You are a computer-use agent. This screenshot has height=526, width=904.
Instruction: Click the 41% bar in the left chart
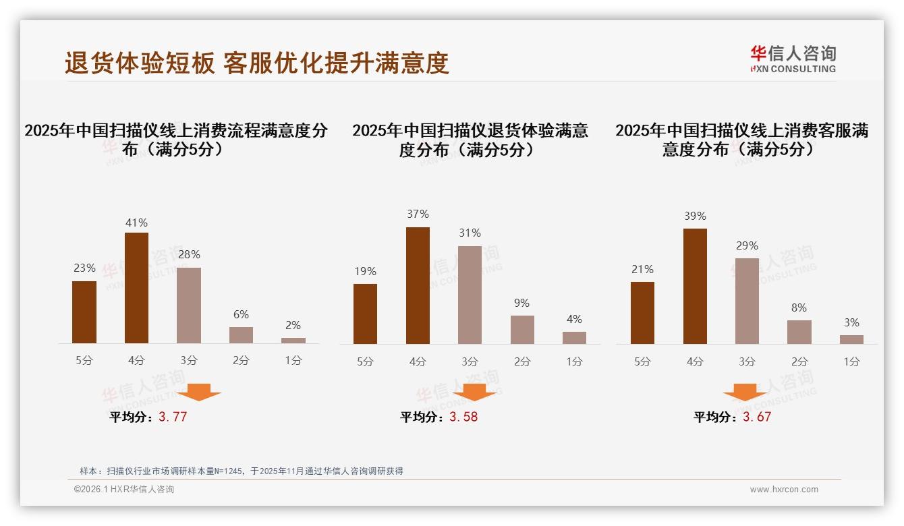pyautogui.click(x=136, y=288)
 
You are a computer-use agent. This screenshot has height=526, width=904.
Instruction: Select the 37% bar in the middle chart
pyautogui.click(x=418, y=285)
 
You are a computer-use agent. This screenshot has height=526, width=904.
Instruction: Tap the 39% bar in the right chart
pyautogui.click(x=695, y=286)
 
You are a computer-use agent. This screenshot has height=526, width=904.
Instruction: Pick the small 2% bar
pyautogui.click(x=293, y=341)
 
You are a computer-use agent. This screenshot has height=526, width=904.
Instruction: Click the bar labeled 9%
pyautogui.click(x=522, y=330)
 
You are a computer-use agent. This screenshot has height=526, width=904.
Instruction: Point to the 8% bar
pyautogui.click(x=799, y=332)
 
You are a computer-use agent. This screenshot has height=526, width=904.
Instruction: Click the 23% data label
pyautogui.click(x=84, y=268)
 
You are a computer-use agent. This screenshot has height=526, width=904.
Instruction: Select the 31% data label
pyautogui.click(x=470, y=233)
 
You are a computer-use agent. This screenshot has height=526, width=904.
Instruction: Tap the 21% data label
pyautogui.click(x=642, y=269)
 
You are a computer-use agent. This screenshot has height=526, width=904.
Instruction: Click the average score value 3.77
pyautogui.click(x=173, y=417)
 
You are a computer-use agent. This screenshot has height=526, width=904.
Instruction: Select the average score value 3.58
pyautogui.click(x=463, y=417)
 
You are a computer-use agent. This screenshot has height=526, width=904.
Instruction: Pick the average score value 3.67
pyautogui.click(x=757, y=417)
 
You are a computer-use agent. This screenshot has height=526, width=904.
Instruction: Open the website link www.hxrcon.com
pyautogui.click(x=784, y=490)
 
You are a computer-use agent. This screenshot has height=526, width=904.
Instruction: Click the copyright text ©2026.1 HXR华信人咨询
pyautogui.click(x=124, y=490)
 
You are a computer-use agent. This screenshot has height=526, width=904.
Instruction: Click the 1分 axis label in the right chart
pyautogui.click(x=851, y=361)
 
